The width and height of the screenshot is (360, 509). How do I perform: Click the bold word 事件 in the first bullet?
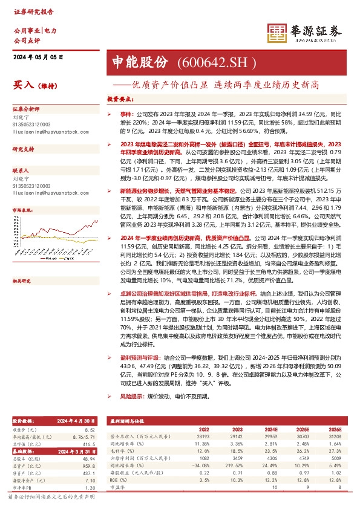[126, 113]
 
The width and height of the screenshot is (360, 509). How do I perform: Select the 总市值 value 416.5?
[88, 442]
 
